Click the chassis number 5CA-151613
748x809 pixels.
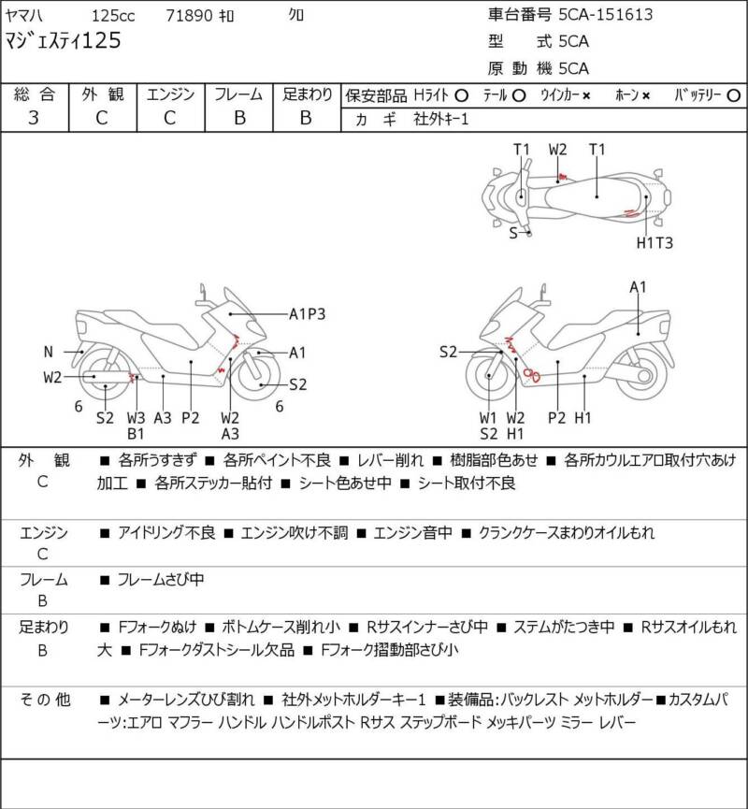click(606, 14)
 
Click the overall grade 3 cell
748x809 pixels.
click(34, 117)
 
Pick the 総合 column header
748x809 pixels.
click(34, 94)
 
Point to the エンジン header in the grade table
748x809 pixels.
click(169, 94)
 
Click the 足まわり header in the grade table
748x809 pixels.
click(307, 94)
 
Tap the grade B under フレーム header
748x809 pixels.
click(238, 117)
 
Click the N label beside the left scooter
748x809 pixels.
click(48, 352)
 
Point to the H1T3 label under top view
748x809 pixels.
click(655, 242)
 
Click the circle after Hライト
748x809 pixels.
click(461, 95)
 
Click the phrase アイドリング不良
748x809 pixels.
click(166, 533)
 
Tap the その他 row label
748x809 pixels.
click(44, 699)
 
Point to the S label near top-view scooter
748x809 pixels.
click(513, 233)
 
